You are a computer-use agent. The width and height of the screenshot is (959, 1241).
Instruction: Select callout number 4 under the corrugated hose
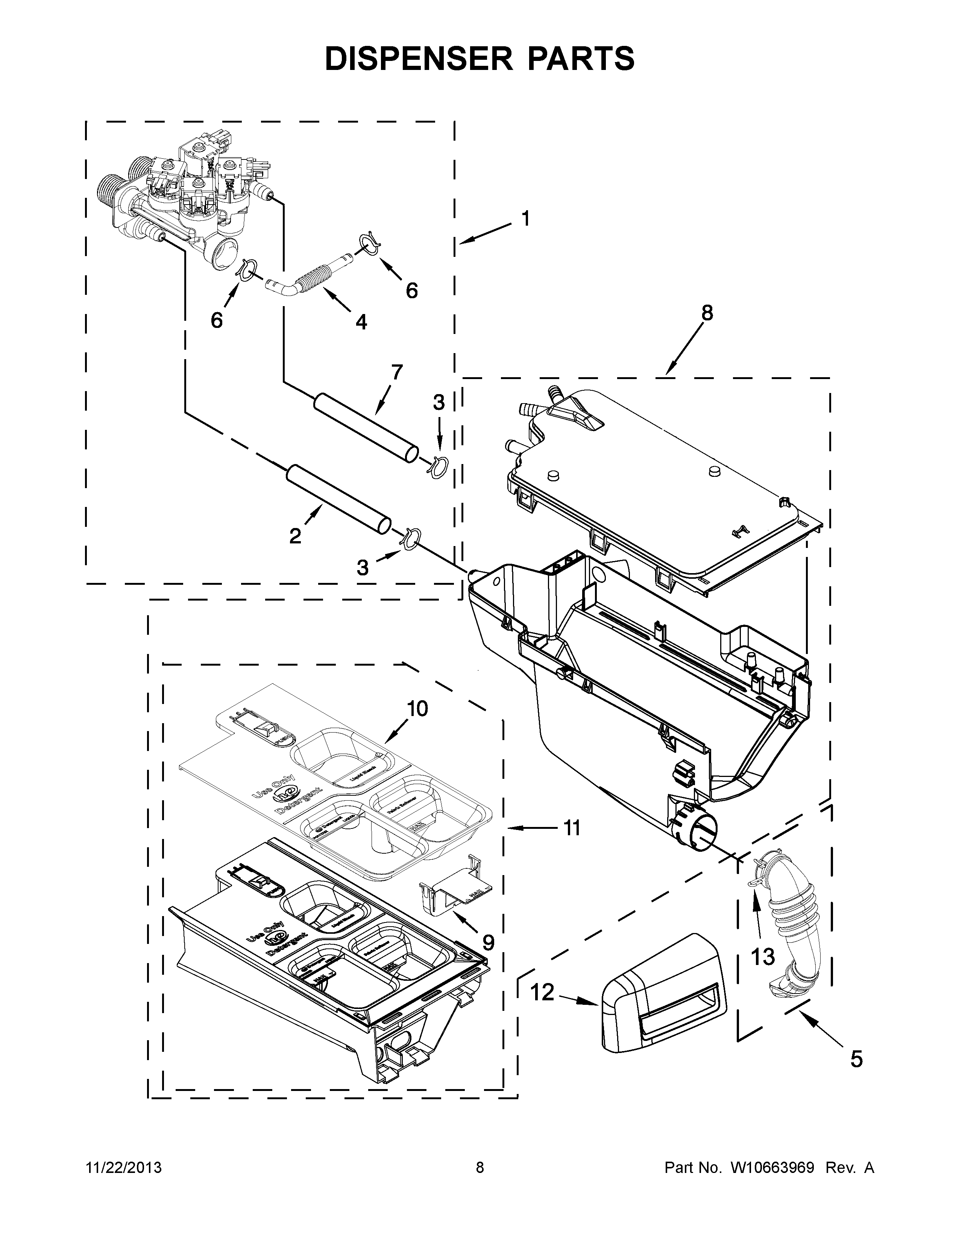pos(361,322)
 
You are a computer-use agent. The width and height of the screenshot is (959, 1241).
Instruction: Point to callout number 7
pos(396,372)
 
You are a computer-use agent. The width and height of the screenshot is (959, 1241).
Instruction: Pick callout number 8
pos(707,313)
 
